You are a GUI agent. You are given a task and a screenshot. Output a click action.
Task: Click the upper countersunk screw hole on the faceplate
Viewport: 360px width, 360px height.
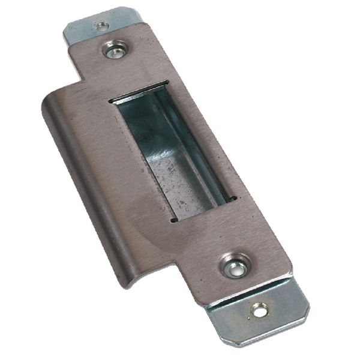pos(114,49)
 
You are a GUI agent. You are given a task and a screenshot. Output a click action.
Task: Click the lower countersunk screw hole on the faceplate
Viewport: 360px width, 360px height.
pos(235,266)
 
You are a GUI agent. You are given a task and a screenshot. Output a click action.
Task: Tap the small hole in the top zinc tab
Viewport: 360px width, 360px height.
pos(101,26)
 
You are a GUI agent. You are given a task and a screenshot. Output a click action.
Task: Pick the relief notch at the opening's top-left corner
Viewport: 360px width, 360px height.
pos(112,101)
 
